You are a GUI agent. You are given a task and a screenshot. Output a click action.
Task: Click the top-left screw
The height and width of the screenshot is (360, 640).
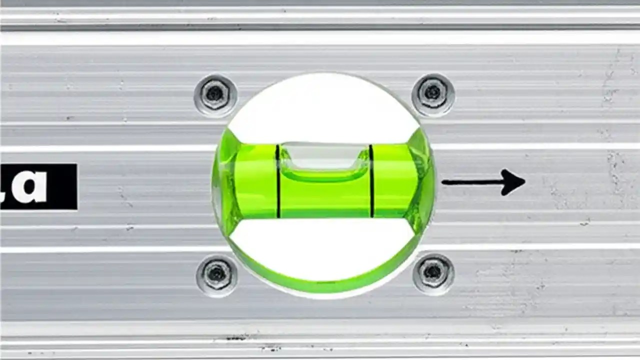point(215,94)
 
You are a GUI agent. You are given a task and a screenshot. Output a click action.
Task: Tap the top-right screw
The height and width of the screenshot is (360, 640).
point(432,93)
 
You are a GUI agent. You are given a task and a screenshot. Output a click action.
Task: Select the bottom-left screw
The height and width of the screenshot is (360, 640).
point(216,273)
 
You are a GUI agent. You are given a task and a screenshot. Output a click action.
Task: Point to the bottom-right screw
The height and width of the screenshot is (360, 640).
point(433,273)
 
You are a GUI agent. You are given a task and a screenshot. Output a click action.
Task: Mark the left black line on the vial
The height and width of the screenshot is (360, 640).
point(277,181)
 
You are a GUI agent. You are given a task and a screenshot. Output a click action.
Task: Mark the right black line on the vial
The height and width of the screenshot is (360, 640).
point(371,181)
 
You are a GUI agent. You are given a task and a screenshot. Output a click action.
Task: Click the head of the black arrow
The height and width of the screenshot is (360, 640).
point(512,182)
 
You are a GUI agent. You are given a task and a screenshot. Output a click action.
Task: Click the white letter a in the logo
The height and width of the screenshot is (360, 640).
point(29,186)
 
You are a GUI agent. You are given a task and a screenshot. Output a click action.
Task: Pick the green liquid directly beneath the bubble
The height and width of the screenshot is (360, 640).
point(324,197)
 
